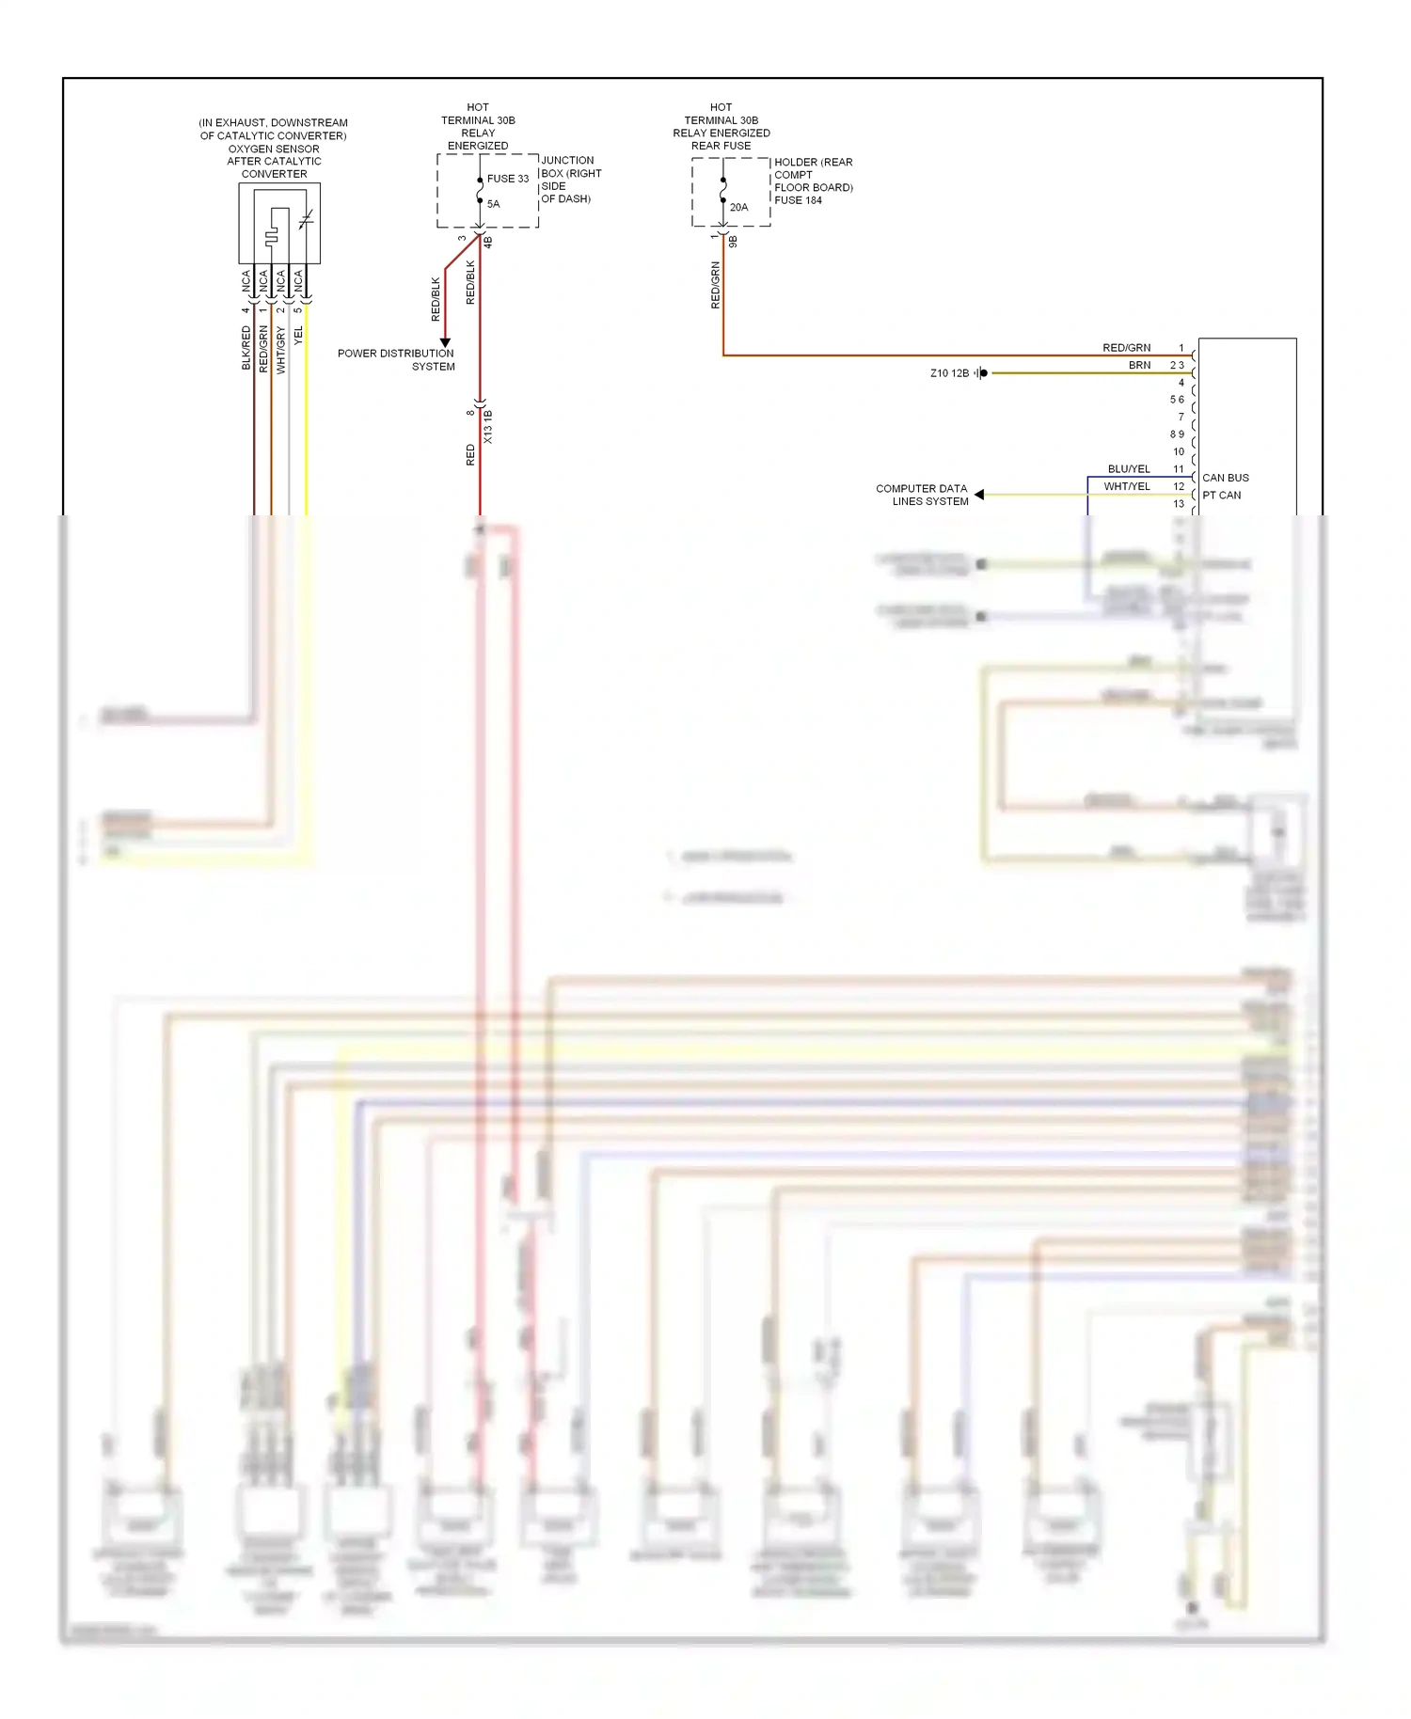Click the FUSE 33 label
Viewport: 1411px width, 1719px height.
pyautogui.click(x=507, y=179)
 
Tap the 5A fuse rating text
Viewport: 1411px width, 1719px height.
pyautogui.click(x=493, y=204)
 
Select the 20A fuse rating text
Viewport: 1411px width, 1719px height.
pyautogui.click(x=738, y=208)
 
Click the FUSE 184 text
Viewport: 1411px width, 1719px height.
pyautogui.click(x=798, y=200)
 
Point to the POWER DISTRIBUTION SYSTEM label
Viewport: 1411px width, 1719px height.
pyautogui.click(x=396, y=360)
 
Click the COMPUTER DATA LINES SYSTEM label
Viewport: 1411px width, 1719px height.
pyautogui.click(x=922, y=495)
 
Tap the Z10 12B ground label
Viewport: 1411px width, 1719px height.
pyautogui.click(x=949, y=373)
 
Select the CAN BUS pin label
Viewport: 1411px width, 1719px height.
pyautogui.click(x=1225, y=478)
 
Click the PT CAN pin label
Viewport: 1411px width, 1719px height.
pyautogui.click(x=1221, y=496)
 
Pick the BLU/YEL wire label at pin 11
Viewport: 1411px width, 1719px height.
pyautogui.click(x=1129, y=469)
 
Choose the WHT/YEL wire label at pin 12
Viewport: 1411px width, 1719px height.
pyautogui.click(x=1127, y=487)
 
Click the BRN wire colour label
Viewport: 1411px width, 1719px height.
pyautogui.click(x=1139, y=366)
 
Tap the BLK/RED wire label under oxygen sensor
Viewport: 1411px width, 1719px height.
pyautogui.click(x=246, y=348)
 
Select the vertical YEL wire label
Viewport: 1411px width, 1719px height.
pyautogui.click(x=299, y=336)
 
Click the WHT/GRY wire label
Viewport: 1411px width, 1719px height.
pyautogui.click(x=280, y=350)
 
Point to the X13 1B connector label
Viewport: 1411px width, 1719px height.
pyautogui.click(x=488, y=427)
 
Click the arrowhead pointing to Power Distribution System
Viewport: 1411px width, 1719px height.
pyautogui.click(x=446, y=342)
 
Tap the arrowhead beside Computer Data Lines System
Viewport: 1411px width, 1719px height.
pyautogui.click(x=979, y=495)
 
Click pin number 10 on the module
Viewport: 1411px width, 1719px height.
pyautogui.click(x=1179, y=452)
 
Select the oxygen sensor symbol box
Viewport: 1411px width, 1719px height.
pyautogui.click(x=279, y=224)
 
